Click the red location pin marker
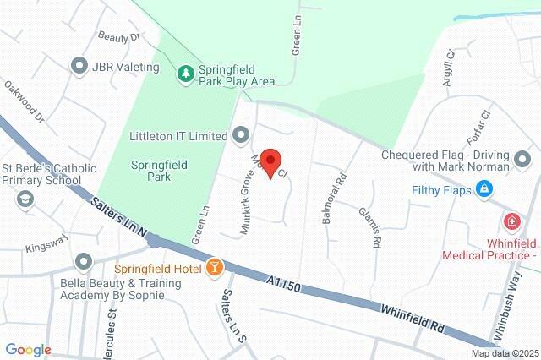click(x=270, y=161)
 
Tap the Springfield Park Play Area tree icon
click(x=185, y=74)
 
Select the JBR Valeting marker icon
click(x=80, y=66)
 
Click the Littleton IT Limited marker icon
click(x=241, y=135)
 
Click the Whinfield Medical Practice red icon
click(x=511, y=221)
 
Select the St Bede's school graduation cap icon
click(x=25, y=199)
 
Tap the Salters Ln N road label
click(x=117, y=217)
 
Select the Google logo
click(x=28, y=350)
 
